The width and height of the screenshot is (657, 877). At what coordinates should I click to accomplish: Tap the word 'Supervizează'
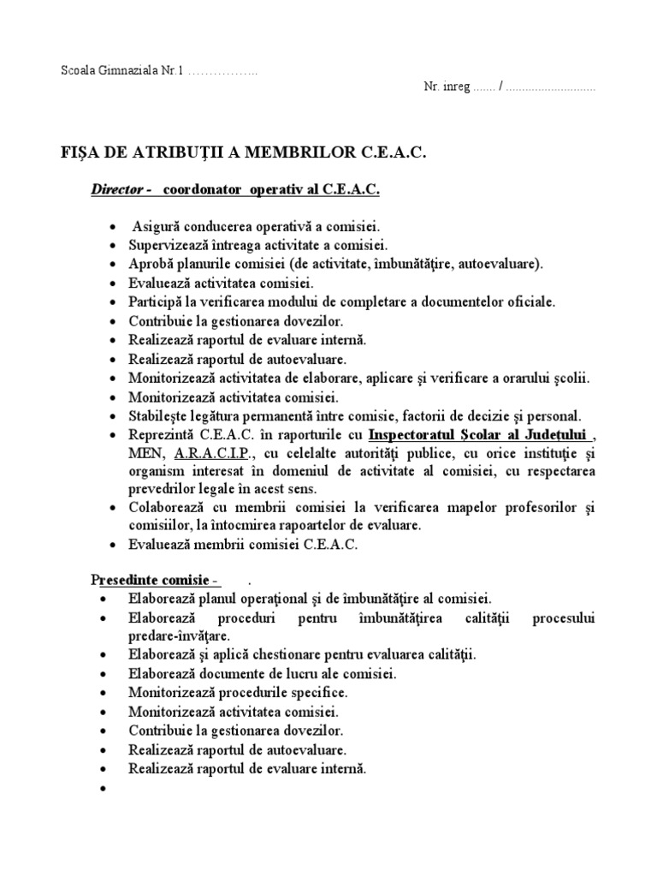(x=166, y=245)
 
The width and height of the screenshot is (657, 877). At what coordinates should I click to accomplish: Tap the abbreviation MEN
(x=143, y=452)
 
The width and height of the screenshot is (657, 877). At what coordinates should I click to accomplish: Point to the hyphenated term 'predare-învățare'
(x=179, y=636)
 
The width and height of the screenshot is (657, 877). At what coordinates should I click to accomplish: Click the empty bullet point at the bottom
(x=104, y=788)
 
